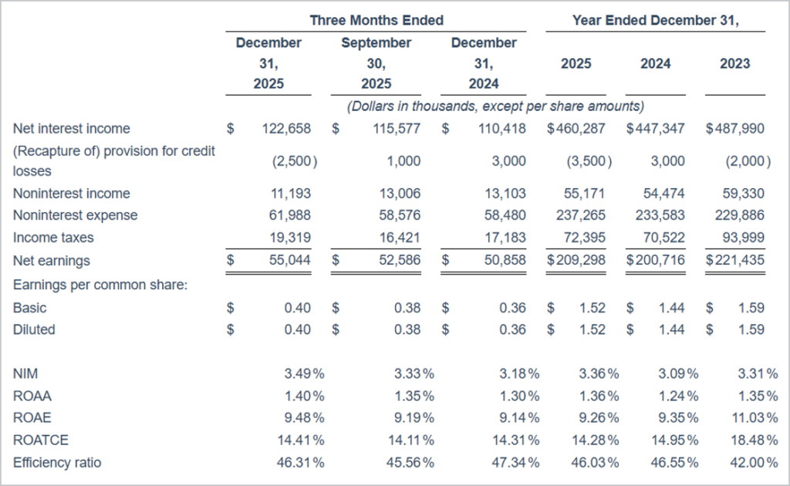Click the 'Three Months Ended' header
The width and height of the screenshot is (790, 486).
[x=376, y=21]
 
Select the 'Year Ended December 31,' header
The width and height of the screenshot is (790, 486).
[x=655, y=21]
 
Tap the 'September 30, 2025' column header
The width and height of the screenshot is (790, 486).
[x=376, y=63]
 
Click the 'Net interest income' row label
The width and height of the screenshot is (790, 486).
[x=72, y=129]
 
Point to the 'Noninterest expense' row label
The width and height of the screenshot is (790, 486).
[x=76, y=215]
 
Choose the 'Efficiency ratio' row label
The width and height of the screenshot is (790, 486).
[x=57, y=463]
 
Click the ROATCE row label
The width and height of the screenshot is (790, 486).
[x=41, y=440]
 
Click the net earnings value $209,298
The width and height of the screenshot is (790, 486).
[x=577, y=261]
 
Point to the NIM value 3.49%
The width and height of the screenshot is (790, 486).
[x=300, y=374]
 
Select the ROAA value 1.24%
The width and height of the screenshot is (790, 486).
[x=674, y=397]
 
